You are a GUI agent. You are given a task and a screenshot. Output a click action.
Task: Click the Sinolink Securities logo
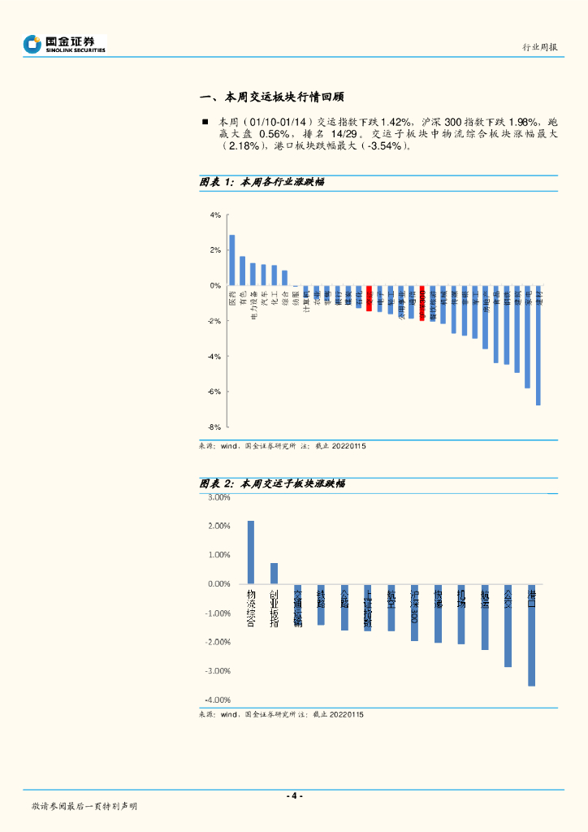[65, 44]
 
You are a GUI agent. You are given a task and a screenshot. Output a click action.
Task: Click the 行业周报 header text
[539, 47]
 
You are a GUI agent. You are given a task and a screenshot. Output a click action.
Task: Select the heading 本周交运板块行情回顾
[273, 97]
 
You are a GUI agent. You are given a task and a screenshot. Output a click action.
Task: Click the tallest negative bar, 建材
[538, 345]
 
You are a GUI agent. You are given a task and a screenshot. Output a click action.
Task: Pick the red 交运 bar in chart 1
[369, 298]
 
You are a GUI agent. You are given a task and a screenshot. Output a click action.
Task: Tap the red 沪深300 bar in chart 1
[422, 302]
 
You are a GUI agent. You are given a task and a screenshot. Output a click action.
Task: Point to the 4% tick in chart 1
[215, 214]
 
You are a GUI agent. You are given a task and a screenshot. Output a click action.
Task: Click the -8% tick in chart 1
[214, 427]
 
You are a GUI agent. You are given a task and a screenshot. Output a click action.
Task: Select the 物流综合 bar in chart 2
[251, 552]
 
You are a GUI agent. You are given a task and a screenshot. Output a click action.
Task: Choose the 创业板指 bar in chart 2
[274, 574]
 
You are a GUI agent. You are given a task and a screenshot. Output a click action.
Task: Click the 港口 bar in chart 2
[531, 635]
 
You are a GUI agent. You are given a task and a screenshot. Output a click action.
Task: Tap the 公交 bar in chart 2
[508, 626]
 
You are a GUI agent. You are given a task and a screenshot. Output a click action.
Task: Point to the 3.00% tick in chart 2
[219, 497]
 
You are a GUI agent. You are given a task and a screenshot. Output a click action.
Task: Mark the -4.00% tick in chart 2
[218, 700]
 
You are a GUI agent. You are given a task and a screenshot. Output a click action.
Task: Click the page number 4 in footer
[294, 795]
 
